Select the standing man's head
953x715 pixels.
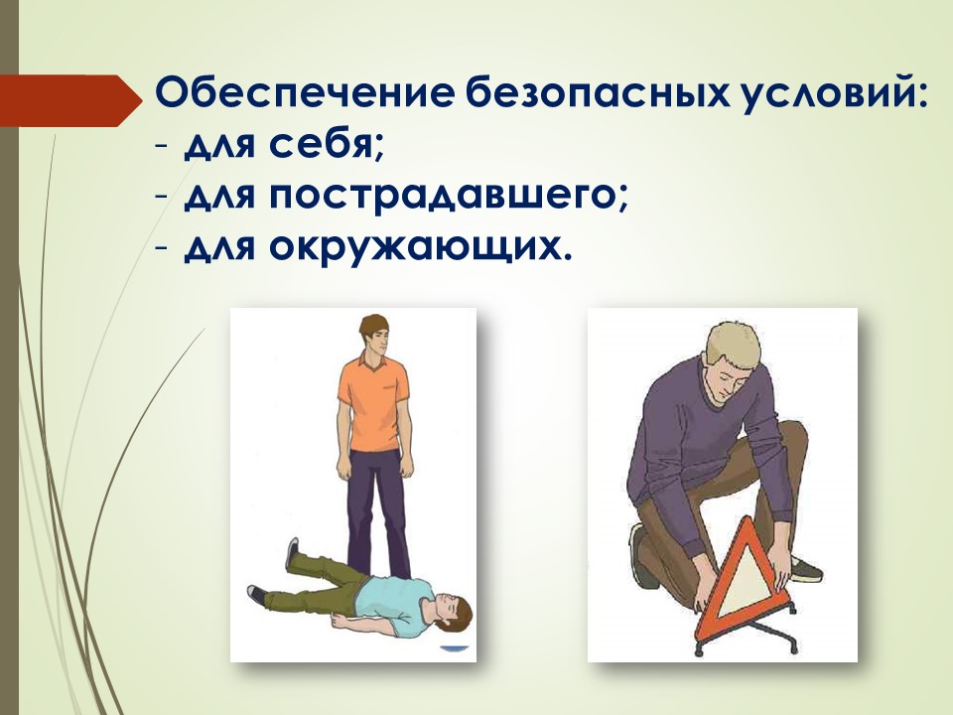point(375,335)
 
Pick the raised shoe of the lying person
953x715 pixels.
point(293,553)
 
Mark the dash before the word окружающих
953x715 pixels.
point(161,250)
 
